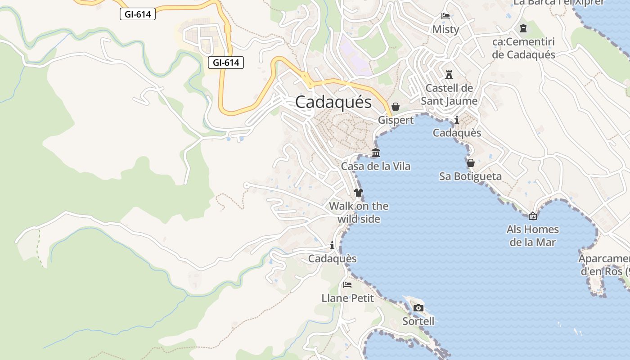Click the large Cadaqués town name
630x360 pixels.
333,103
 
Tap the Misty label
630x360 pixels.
445,30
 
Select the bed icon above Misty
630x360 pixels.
445,16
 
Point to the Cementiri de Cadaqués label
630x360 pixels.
524,49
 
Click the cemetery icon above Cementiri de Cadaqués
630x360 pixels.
523,29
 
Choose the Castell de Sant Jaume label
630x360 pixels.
449,94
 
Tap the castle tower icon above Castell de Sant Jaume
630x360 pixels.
449,74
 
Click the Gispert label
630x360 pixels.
396,120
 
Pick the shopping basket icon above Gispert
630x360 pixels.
396,107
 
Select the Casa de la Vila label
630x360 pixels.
376,166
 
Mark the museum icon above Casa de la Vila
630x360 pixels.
376,153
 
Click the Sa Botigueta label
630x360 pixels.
470,176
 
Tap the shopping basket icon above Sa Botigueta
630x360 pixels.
471,163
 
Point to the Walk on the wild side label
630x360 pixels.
359,212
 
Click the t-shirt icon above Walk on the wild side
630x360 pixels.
358,193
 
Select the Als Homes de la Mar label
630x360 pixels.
533,236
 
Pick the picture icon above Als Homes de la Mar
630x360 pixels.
533,216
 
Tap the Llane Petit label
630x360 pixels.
347,298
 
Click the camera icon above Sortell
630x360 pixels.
418,308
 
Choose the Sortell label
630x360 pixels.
418,321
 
